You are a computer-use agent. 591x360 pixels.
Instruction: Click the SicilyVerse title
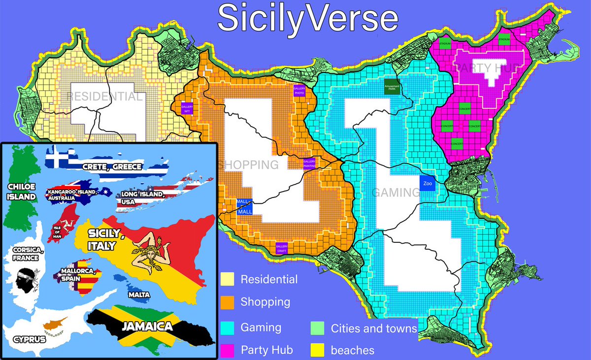[308, 18]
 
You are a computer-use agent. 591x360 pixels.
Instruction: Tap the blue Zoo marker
[427, 183]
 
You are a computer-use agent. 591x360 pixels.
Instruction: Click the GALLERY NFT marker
[187, 109]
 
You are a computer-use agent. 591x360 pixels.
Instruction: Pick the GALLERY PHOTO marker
[299, 91]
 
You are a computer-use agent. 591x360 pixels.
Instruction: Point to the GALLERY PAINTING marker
[309, 164]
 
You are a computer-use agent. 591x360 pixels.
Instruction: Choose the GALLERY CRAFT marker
[282, 248]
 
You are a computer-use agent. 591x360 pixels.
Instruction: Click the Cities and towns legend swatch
[318, 327]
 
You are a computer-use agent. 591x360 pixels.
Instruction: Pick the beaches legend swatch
[318, 350]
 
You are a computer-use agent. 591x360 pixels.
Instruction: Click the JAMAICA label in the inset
[148, 326]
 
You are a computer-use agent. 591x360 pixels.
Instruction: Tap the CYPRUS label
[30, 340]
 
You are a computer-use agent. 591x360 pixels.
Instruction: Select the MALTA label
[139, 295]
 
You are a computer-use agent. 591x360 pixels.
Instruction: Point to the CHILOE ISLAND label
[22, 192]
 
